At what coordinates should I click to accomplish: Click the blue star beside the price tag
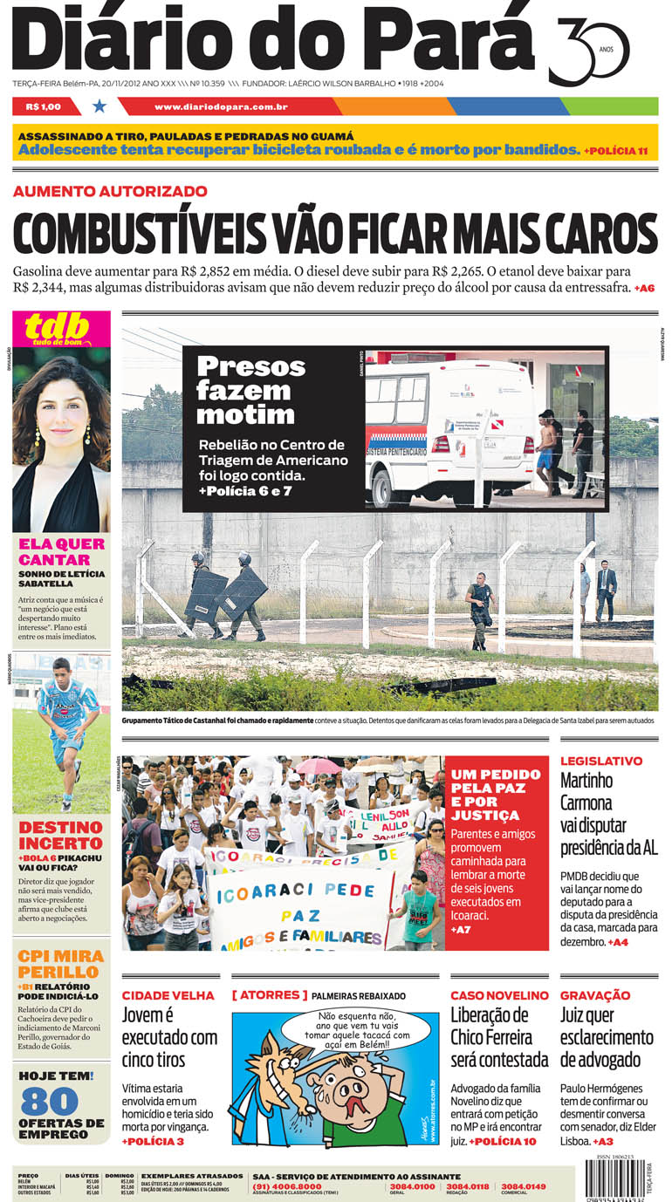click(x=99, y=106)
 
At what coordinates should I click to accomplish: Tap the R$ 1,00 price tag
click(x=44, y=106)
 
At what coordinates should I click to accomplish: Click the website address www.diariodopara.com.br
click(x=221, y=106)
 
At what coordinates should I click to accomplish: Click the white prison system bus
click(x=449, y=427)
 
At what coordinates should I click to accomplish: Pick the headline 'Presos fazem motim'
click(x=250, y=389)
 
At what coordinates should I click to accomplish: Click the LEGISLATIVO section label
click(x=600, y=761)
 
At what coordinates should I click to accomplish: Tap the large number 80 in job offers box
click(x=50, y=1101)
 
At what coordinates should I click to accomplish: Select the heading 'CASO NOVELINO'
click(x=499, y=995)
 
